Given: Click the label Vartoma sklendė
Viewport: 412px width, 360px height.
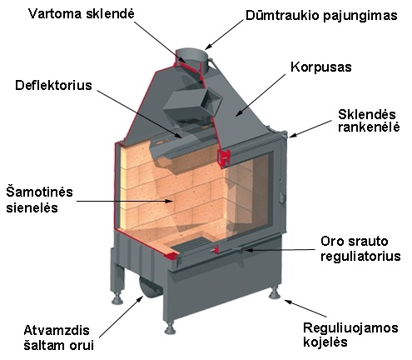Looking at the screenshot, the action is tap(82, 13).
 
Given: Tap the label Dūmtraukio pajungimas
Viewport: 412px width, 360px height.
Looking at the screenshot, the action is tap(321, 15).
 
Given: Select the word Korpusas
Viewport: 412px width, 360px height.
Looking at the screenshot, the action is tap(321, 67).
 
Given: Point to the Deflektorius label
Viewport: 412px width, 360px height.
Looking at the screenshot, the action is tap(53, 85).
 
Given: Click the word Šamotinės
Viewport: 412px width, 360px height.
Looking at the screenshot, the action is tap(39, 192).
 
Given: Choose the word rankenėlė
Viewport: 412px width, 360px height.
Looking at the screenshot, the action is tap(369, 127).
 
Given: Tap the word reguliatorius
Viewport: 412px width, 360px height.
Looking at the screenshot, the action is tap(360, 256).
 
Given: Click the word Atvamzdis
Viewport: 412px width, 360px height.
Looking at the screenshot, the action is tap(57, 331).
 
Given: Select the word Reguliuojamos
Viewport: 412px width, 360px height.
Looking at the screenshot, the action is tap(350, 328).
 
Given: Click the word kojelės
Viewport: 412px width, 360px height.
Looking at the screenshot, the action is tap(325, 342).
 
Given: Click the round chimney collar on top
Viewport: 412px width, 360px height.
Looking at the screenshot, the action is tap(191, 61).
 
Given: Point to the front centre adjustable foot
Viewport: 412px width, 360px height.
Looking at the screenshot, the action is tap(170, 328).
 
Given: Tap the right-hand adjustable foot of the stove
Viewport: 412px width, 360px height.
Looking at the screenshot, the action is tap(275, 293).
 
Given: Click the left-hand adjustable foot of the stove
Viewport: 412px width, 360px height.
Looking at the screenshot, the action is tap(117, 297).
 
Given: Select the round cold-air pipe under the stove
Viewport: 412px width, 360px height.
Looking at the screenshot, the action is tap(148, 289).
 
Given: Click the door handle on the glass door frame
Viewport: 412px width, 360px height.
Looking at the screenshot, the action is tap(282, 197).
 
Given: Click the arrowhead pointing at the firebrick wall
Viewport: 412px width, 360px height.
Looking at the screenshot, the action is tap(169, 201).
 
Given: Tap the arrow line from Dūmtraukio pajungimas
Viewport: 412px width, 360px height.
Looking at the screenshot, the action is tap(225, 34).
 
